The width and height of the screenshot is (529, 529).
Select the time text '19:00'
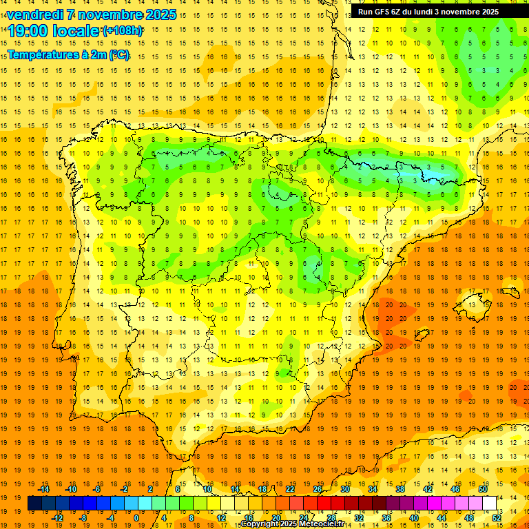pyautogui.click(x=30, y=31)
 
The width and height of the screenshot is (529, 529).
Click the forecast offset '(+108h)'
pyautogui.click(x=123, y=31)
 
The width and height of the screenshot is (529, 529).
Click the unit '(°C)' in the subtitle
pyautogui.click(x=118, y=55)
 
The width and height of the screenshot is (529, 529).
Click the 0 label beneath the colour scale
pyautogui.click(x=136, y=517)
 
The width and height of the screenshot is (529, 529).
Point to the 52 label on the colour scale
pyautogui.click(x=497, y=517)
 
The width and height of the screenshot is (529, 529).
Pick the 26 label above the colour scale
pyautogui.click(x=318, y=489)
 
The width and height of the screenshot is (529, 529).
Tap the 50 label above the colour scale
pyautogui.click(x=483, y=489)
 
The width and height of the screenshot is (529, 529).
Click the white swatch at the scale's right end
pyautogui.click(x=489, y=504)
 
